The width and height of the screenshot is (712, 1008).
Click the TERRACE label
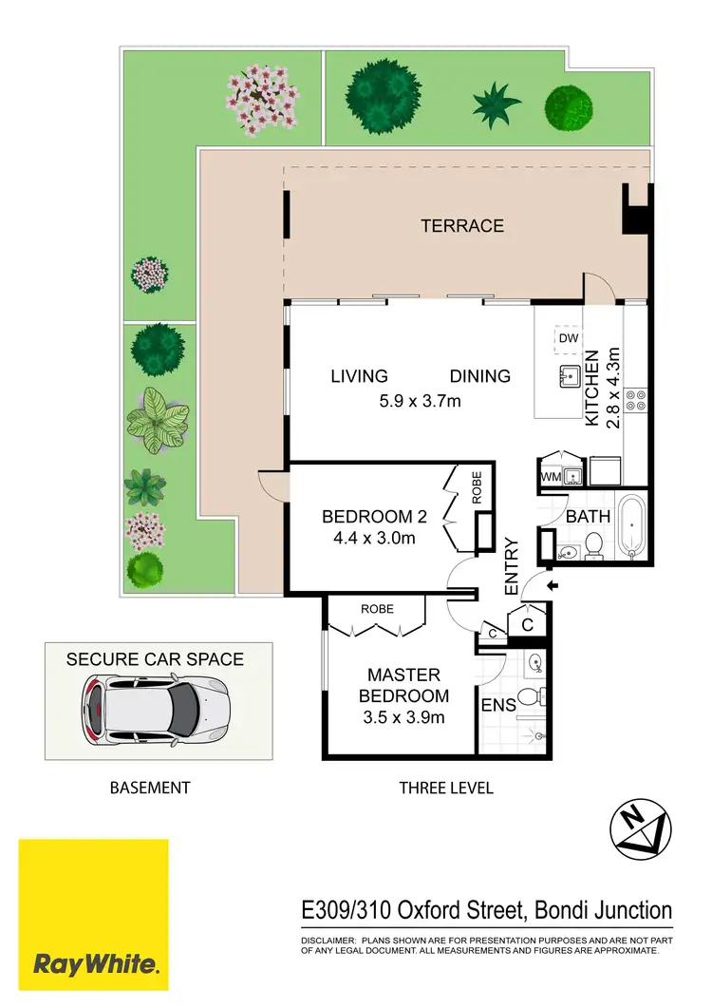pyautogui.click(x=462, y=226)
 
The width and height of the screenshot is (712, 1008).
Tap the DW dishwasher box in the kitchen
pyautogui.click(x=568, y=338)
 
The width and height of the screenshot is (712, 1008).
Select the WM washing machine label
pyautogui.click(x=551, y=475)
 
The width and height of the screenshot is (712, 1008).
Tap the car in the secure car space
pyautogui.click(x=157, y=709)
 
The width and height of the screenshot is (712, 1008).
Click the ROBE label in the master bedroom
pyautogui.click(x=377, y=609)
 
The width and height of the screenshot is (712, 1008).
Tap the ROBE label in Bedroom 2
pyautogui.click(x=477, y=487)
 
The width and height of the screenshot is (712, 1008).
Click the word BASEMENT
pyautogui.click(x=150, y=788)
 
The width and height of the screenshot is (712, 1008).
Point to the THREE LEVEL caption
pyautogui.click(x=446, y=788)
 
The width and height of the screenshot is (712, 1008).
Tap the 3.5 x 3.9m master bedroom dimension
pyautogui.click(x=404, y=718)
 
